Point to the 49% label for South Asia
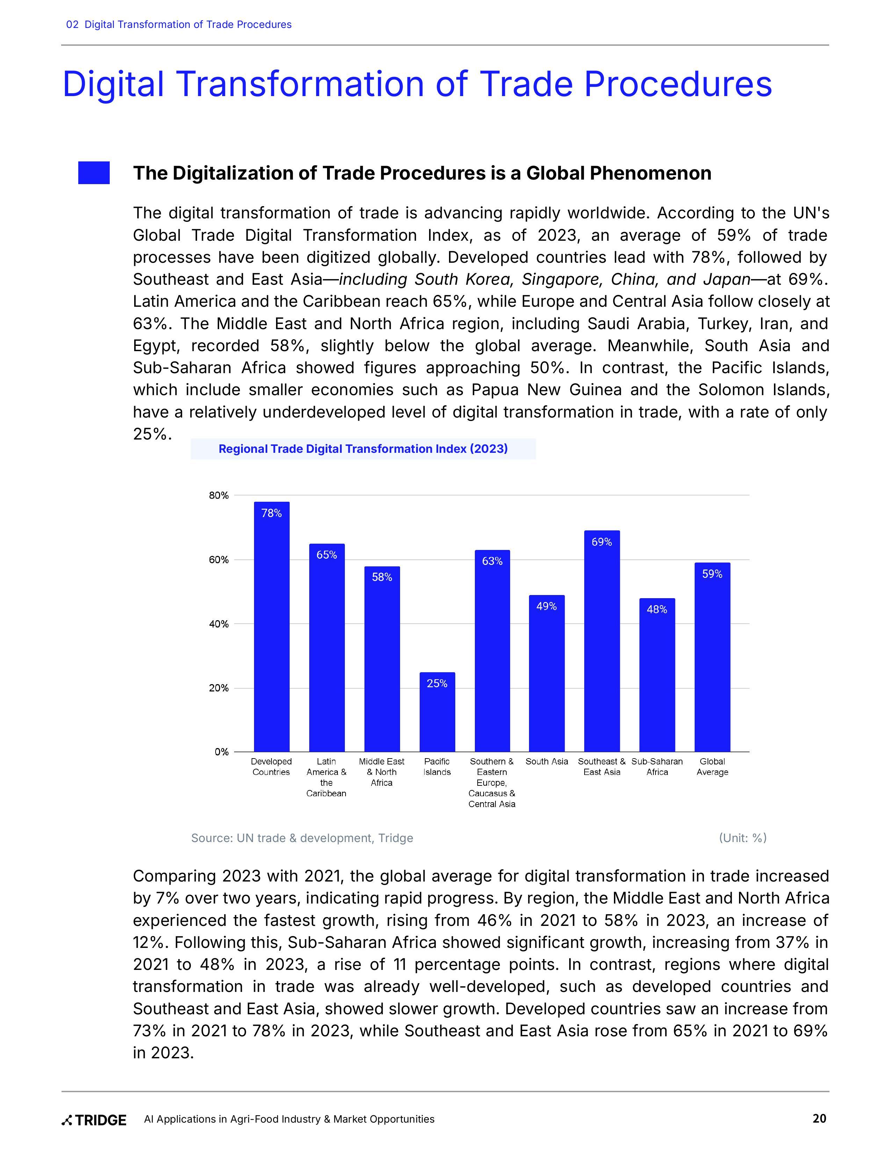pos(546,606)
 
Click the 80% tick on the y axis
pos(218,495)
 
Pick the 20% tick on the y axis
pos(218,688)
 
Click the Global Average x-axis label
pos(712,767)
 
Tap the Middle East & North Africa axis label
pos(382,772)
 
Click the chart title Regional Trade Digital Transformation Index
pos(363,449)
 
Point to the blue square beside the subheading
pos(94,173)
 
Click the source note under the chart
pos(302,838)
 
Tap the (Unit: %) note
pos(742,838)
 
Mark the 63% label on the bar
pos(492,561)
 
